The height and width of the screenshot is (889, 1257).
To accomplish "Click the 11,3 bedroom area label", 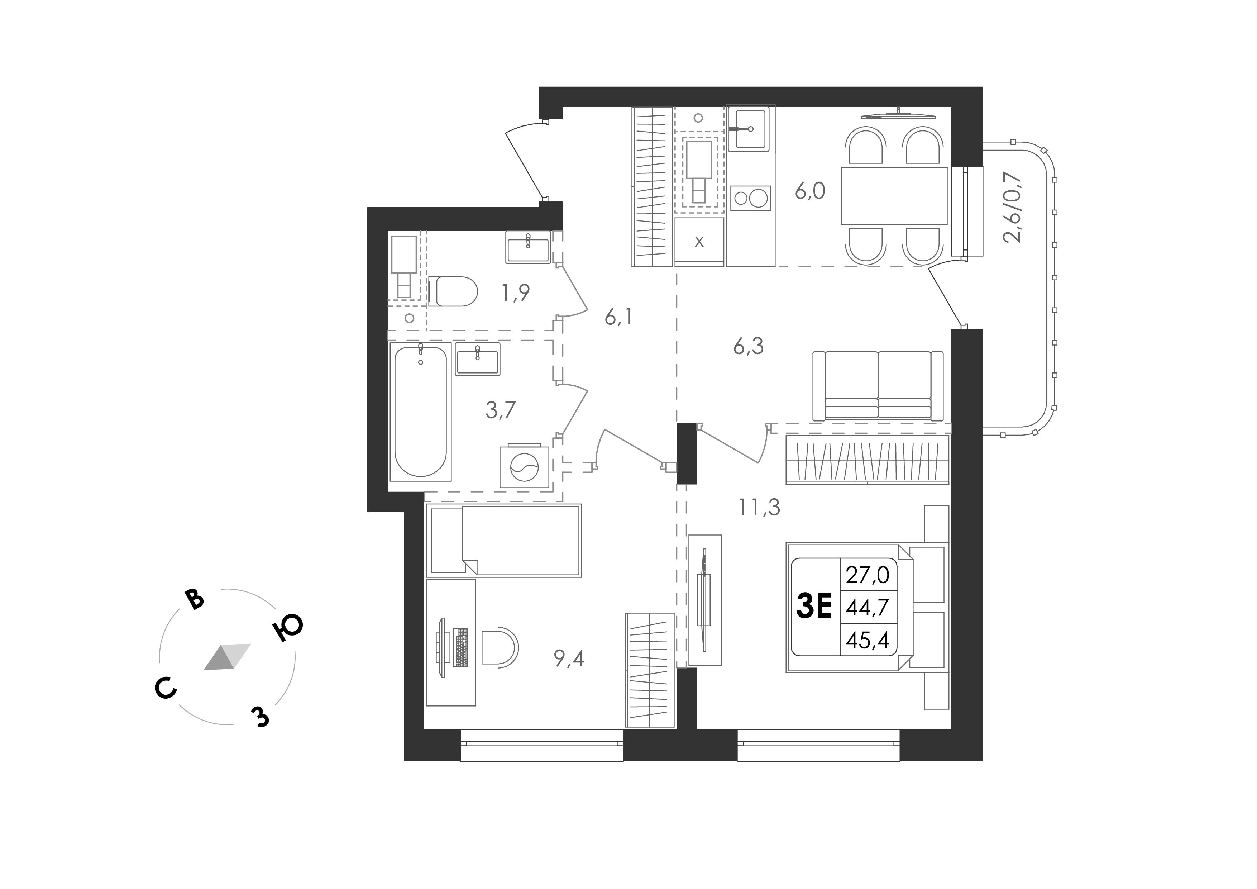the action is click(759, 508).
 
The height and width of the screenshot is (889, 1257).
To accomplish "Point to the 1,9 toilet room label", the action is click(515, 293).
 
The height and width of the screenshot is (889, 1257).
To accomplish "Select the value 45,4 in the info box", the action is click(868, 639).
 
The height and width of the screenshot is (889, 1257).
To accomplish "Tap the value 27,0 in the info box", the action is click(868, 575).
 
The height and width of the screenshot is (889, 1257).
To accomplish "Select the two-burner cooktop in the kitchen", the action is click(751, 198).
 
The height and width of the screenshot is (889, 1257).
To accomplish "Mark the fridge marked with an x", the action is click(699, 242).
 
